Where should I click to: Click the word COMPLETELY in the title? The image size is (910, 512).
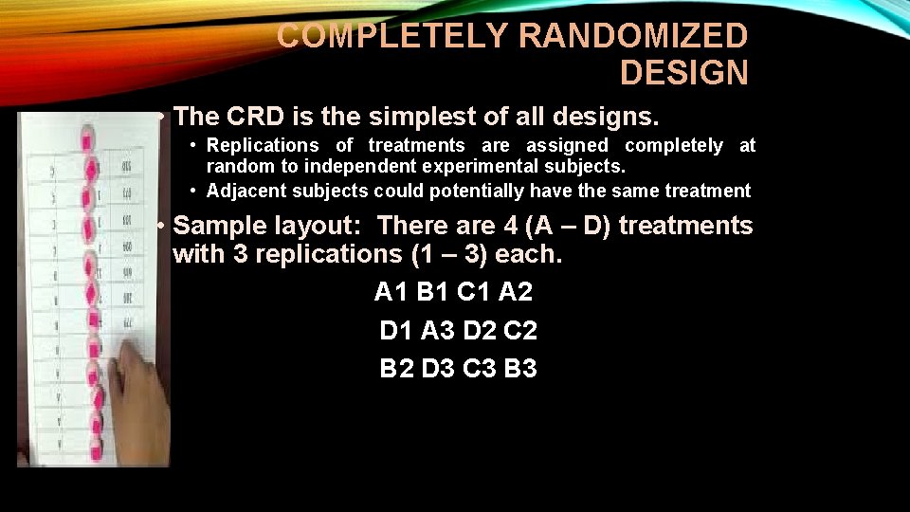tap(393, 36)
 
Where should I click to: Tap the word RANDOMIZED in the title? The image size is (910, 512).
tap(634, 36)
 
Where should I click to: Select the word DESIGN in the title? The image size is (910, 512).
tap(683, 72)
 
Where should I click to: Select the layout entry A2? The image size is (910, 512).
tap(517, 291)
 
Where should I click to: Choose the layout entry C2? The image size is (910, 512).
tap(520, 330)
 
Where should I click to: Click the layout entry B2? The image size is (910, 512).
tap(397, 368)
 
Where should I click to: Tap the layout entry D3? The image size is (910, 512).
tap(439, 368)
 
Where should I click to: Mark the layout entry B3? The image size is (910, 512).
tap(520, 368)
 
